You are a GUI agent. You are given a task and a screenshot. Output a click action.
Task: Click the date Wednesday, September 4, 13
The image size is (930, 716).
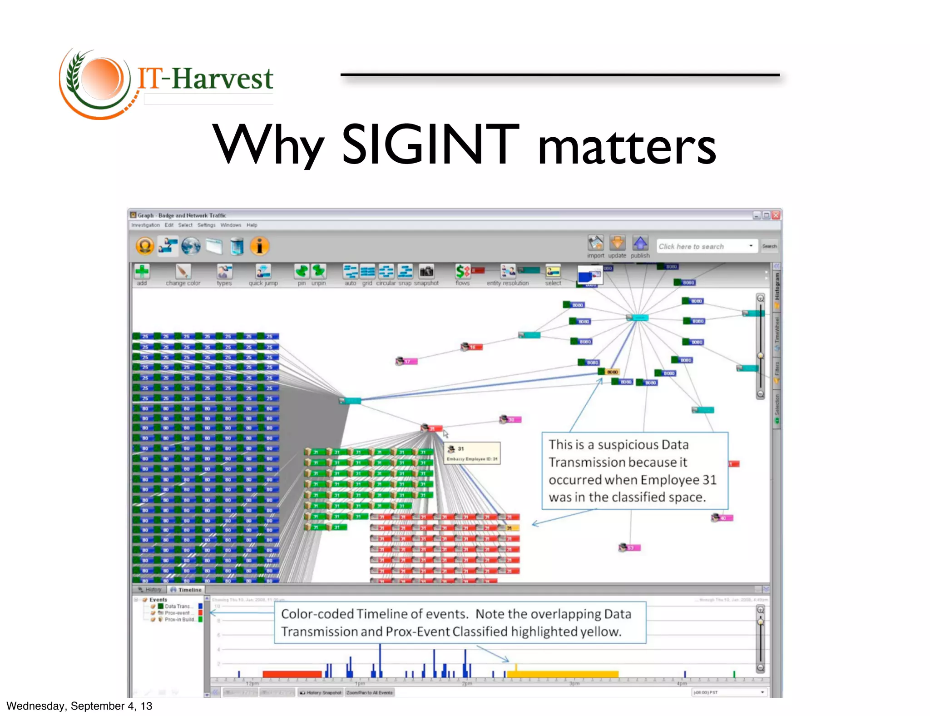[x=79, y=706]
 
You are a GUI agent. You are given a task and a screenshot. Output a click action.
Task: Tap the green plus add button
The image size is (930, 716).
[x=142, y=272]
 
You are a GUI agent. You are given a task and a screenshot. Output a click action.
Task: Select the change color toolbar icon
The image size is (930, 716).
[x=183, y=272]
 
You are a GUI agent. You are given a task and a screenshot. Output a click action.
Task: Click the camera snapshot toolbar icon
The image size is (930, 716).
[x=426, y=272]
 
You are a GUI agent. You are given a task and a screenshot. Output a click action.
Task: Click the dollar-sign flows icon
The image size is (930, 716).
[x=462, y=272]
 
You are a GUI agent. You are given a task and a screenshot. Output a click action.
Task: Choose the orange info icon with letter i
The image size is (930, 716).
[x=259, y=246]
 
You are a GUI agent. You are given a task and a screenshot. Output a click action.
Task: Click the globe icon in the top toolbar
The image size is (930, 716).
[x=191, y=246]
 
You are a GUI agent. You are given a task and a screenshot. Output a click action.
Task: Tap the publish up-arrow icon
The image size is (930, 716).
[x=640, y=244]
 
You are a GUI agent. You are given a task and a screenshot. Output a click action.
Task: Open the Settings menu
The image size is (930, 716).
[x=206, y=225]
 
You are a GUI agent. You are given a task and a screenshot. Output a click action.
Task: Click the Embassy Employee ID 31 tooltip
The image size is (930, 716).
[x=472, y=453]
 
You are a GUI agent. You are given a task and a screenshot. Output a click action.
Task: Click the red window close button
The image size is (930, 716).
[x=776, y=215]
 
